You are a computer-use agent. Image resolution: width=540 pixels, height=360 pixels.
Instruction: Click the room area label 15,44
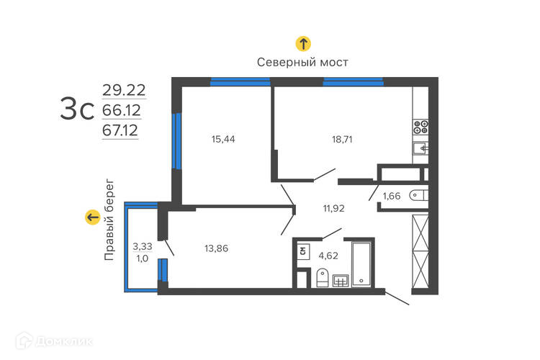[223, 139]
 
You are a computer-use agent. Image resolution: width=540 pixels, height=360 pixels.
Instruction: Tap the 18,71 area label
[342, 140]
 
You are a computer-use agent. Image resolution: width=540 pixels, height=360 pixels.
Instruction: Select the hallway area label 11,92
[333, 208]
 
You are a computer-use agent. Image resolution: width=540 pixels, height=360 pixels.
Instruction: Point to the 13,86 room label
[216, 248]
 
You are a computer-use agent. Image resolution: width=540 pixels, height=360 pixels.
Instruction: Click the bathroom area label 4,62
[328, 256]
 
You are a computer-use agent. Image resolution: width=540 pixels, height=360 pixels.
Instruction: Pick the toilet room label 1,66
[392, 196]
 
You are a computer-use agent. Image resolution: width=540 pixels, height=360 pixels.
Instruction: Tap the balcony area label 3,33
[143, 246]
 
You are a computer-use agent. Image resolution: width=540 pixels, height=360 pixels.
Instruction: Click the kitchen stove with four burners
[420, 127]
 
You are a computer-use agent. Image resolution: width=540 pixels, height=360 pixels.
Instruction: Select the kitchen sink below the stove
[420, 148]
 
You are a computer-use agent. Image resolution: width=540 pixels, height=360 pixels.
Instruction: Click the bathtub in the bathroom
[361, 264]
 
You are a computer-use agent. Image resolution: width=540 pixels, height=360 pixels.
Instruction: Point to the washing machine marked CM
[303, 251]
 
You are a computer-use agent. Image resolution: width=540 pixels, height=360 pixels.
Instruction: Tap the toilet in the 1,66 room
[418, 195]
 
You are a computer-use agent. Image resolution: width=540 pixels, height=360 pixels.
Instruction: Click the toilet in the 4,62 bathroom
[322, 277]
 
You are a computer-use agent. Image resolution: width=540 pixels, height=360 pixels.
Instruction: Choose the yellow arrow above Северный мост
[303, 44]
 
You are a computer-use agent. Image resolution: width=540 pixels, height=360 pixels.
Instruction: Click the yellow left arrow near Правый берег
[93, 217]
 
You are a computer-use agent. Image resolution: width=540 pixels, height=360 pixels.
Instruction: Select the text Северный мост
[302, 63]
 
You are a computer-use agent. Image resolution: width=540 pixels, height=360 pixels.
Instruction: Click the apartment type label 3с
[77, 109]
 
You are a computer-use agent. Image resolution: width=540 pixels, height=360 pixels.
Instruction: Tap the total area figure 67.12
[120, 130]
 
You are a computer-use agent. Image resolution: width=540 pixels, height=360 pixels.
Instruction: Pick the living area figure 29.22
[124, 90]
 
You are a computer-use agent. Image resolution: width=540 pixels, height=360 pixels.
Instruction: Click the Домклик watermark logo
[54, 341]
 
